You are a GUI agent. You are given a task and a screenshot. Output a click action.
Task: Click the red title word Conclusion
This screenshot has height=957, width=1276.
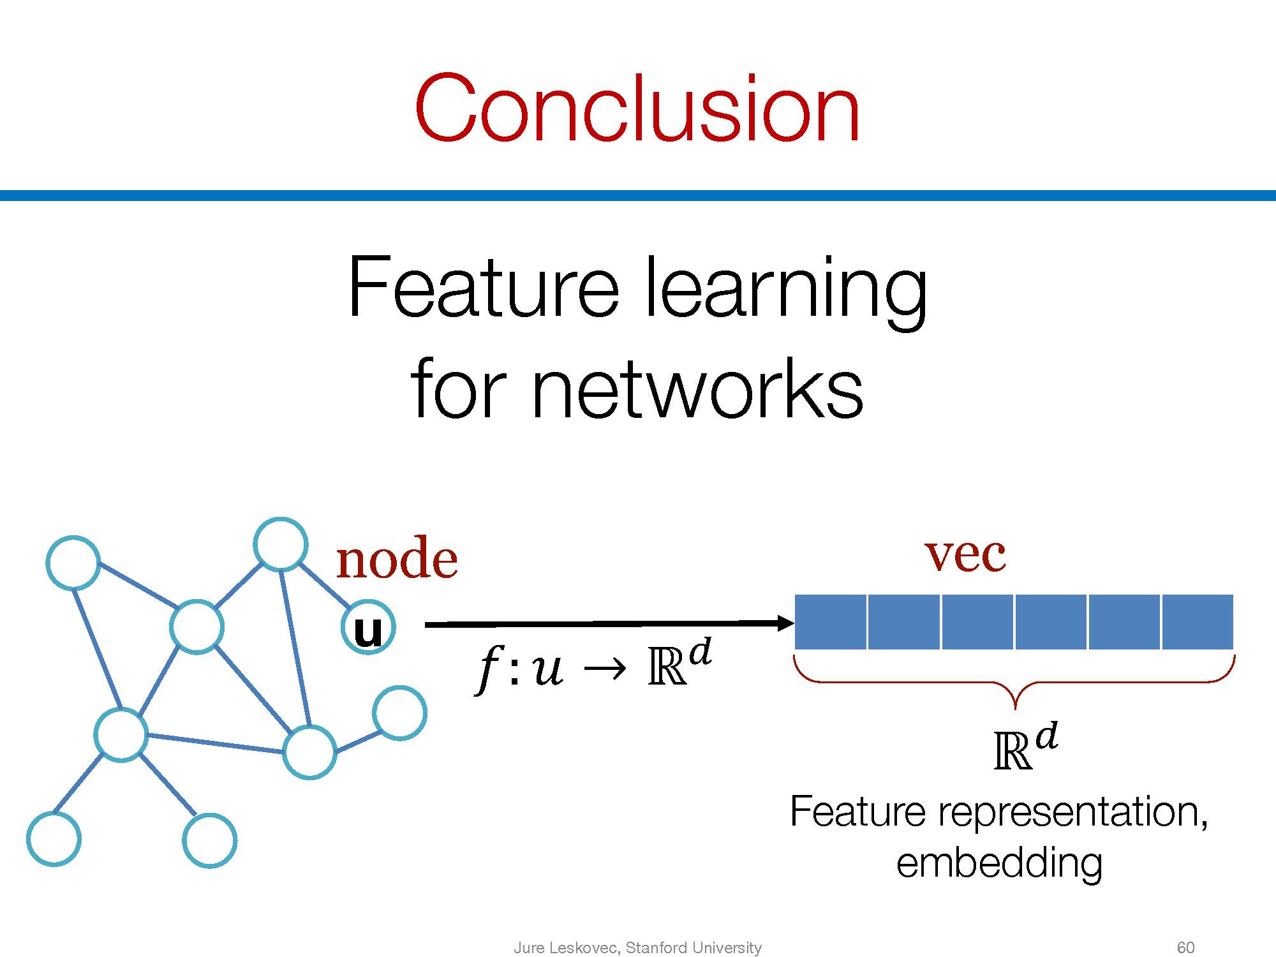coord(637,108)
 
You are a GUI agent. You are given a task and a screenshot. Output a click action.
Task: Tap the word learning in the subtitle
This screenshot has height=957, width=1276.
coord(785,290)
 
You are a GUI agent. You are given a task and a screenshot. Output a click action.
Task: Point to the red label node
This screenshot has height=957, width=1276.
coord(397,560)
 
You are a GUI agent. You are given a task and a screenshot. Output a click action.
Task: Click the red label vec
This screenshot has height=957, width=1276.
coord(965,554)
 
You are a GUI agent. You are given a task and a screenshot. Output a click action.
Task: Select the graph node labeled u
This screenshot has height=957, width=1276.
coord(368,627)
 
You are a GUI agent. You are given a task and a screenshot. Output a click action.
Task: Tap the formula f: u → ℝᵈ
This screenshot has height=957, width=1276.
coord(593,667)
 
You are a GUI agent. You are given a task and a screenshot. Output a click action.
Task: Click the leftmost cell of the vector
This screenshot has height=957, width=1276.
coord(830,621)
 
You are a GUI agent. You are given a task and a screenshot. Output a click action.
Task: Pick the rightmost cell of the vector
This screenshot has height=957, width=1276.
coord(1198,621)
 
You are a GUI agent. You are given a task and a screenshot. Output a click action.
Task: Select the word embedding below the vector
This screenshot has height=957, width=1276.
coord(999,863)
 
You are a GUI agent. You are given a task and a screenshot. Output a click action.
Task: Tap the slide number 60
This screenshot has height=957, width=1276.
coord(1185,947)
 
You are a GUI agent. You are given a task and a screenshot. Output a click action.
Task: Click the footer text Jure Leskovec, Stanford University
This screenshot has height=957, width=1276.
coord(637,947)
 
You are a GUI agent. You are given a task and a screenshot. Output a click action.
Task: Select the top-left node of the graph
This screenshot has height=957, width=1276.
coord(73,563)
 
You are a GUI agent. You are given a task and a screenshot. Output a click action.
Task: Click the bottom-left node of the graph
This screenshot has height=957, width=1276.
coord(54,839)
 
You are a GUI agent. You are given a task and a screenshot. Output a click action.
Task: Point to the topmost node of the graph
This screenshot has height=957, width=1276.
coord(280,544)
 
